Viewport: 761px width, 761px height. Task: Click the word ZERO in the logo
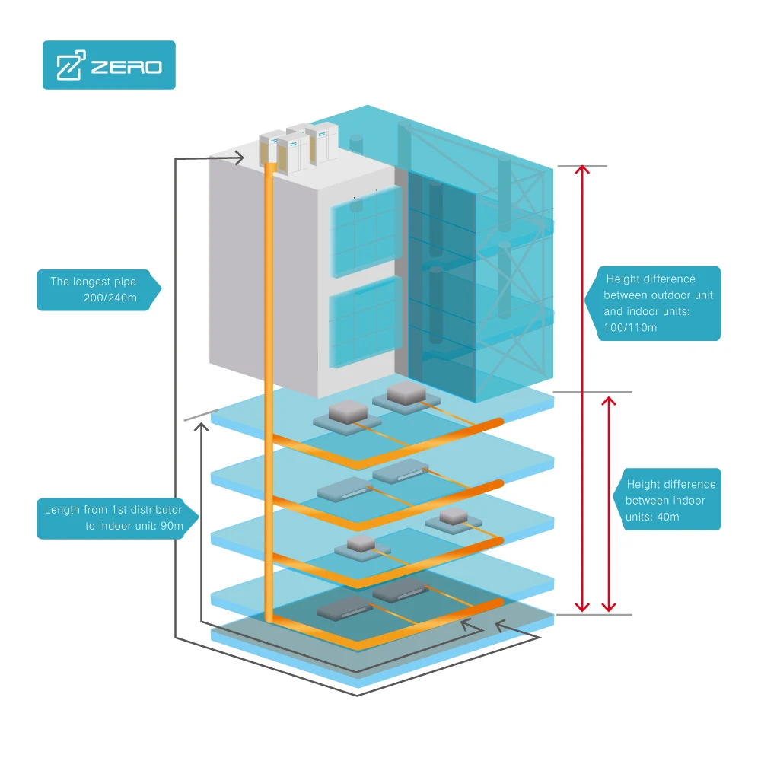126,67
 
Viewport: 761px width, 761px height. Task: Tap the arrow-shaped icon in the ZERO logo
69,66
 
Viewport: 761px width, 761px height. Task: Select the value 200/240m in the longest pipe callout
110,298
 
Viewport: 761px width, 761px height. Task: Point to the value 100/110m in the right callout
630,327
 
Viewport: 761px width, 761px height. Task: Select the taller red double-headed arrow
582,388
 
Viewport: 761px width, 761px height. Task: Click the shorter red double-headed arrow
608,504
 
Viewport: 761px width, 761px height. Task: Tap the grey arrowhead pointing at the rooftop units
238,158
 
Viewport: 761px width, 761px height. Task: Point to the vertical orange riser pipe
269,380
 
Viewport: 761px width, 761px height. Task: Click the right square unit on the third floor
454,519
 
